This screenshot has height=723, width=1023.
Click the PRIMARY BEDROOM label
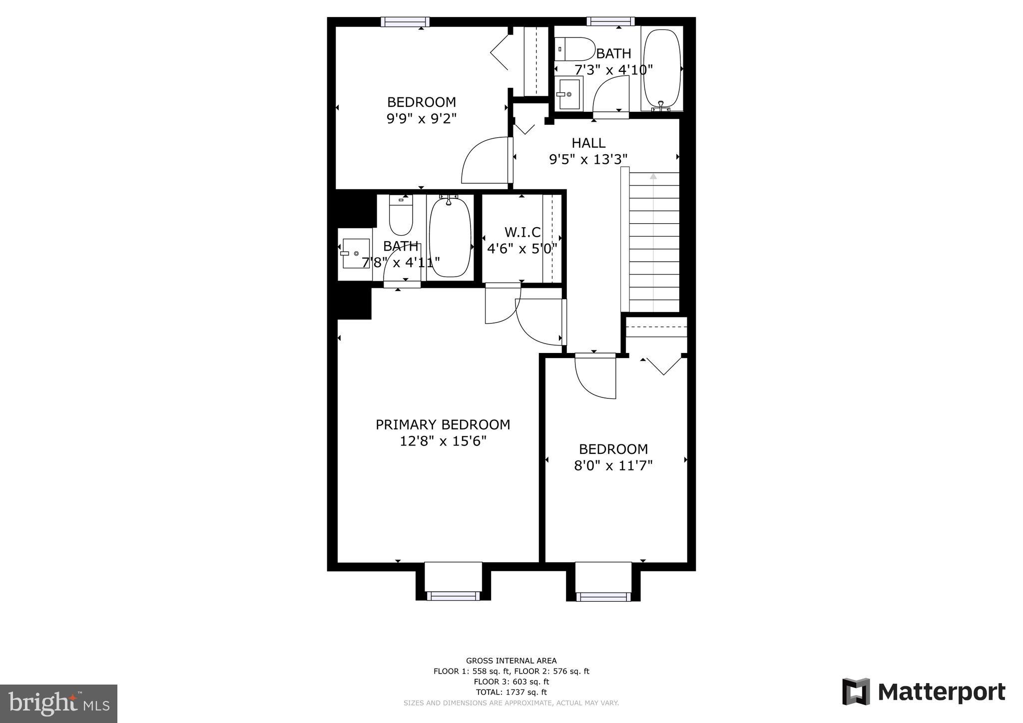click(x=443, y=425)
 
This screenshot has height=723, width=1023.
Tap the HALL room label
click(x=588, y=143)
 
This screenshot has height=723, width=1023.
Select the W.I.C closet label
click(x=522, y=232)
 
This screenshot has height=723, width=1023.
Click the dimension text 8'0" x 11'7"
click(x=613, y=466)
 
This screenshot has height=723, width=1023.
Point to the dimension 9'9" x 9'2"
click(x=422, y=119)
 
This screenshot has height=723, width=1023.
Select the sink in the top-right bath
click(x=569, y=93)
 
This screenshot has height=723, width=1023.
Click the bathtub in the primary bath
click(x=450, y=238)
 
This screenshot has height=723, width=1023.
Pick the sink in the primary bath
click(x=356, y=254)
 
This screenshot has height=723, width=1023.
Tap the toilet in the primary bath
click(x=401, y=216)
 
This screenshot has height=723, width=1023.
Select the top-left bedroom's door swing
click(x=485, y=161)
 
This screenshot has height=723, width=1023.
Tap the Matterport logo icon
click(x=856, y=692)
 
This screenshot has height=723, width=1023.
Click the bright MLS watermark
click(x=58, y=704)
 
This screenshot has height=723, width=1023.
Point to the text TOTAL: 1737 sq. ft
click(x=511, y=692)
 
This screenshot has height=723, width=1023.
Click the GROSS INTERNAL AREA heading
click(x=511, y=661)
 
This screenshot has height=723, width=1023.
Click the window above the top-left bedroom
click(x=405, y=21)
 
